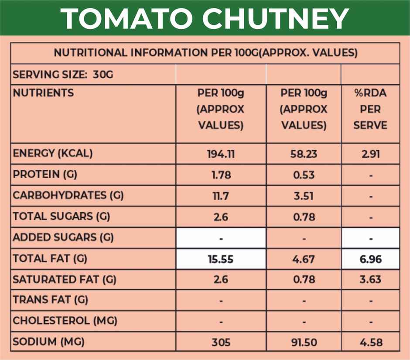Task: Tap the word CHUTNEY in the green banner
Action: (x=277, y=18)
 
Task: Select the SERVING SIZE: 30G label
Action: (x=63, y=75)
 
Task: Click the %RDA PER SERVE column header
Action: (x=370, y=109)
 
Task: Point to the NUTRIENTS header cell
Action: (x=43, y=93)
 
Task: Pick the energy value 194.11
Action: (x=221, y=154)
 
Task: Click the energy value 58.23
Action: (x=304, y=154)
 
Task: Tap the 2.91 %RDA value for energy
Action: (x=370, y=154)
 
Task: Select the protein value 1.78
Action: (x=221, y=175)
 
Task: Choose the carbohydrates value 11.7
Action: (x=221, y=196)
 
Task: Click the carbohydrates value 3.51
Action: (x=304, y=196)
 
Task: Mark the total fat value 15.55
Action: (x=221, y=259)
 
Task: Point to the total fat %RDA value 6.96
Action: (x=370, y=259)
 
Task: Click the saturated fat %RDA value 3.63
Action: (x=370, y=280)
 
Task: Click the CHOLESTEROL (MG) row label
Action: (x=65, y=321)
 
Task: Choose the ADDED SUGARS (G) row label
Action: (x=63, y=238)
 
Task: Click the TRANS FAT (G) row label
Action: (x=51, y=300)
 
